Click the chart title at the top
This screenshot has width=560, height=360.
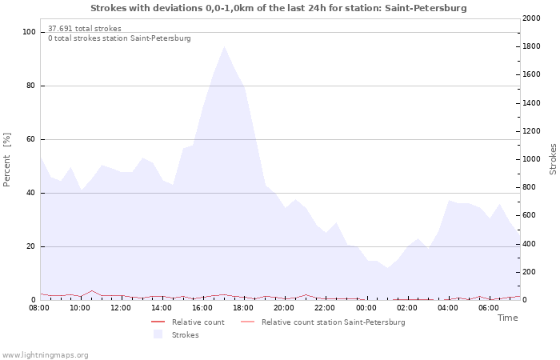[x=278, y=8]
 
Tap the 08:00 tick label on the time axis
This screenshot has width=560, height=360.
[x=39, y=308]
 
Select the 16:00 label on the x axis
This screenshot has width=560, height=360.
[x=202, y=308]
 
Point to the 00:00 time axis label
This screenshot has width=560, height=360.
[x=366, y=308]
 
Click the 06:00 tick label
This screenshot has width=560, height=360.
[x=489, y=308]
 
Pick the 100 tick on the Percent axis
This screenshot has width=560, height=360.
[x=29, y=32]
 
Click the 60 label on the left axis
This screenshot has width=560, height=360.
[x=30, y=139]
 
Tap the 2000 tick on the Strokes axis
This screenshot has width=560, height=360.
[x=531, y=18]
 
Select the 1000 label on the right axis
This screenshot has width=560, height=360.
[x=531, y=159]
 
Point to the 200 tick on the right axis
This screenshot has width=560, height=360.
[x=530, y=272]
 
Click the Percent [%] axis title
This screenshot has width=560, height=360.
[x=6, y=160]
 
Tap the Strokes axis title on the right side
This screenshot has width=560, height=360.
[x=553, y=159]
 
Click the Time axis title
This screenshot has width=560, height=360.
[x=507, y=318]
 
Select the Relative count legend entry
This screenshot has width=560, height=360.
[x=188, y=322]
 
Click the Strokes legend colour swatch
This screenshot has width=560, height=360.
[x=158, y=334]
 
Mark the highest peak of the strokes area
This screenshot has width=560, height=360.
[x=224, y=46]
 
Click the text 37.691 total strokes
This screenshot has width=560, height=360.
[x=85, y=29]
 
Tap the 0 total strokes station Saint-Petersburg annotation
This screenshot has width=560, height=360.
[x=119, y=38]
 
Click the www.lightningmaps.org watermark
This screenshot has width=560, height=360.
[x=45, y=355]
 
